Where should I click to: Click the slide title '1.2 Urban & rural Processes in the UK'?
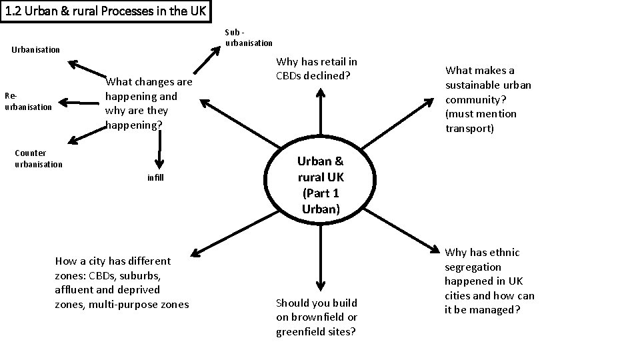(106, 11)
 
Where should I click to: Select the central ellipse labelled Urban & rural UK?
(321, 185)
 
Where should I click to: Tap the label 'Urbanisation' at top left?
(36, 49)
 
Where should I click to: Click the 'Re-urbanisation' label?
(28, 101)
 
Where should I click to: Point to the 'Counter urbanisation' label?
(39, 159)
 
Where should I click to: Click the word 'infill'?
(155, 178)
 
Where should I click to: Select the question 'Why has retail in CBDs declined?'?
(317, 69)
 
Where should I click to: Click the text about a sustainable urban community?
(488, 99)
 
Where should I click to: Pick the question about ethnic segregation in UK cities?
(489, 281)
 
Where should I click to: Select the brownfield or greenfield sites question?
(317, 317)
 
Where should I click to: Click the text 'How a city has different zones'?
(121, 283)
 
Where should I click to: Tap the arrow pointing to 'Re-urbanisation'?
(80, 103)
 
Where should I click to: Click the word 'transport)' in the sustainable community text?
(469, 128)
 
